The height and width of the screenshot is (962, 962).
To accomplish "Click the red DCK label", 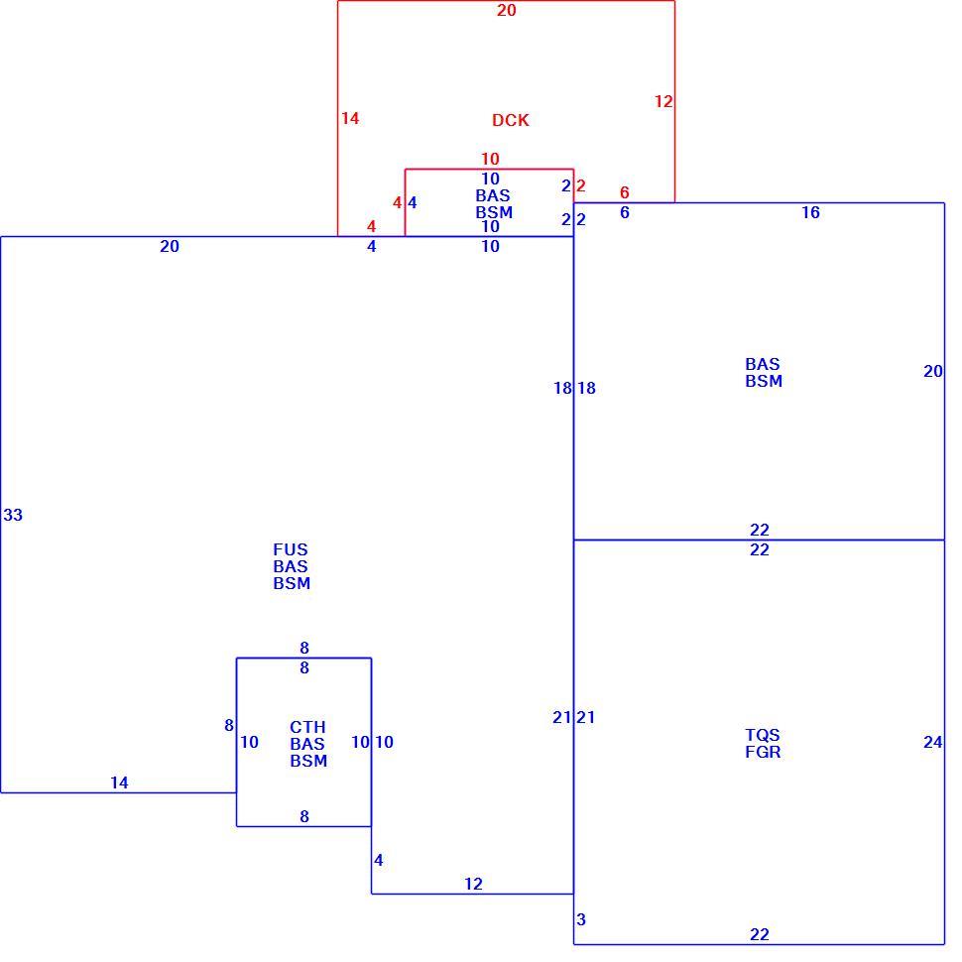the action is pos(511,120).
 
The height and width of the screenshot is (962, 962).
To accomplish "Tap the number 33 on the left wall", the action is pos(13,516).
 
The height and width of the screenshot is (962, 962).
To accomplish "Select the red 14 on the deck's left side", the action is pos(350,118).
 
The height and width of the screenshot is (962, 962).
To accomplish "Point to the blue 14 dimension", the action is pos(120,782).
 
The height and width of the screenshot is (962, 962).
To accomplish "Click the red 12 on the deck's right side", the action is pos(663,101).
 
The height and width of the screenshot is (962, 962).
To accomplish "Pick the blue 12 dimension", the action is pos(474,884).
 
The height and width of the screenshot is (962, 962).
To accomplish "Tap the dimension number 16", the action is pos(811,213).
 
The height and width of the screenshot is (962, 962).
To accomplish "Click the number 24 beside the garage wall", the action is pos(933,743).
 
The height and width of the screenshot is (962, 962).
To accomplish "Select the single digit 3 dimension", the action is pos(581,919).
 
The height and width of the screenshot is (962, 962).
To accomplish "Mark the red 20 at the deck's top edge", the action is pos(507,11).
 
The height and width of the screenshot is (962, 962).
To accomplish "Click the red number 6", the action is pos(625,192).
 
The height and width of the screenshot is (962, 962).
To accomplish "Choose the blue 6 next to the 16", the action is pos(625,213).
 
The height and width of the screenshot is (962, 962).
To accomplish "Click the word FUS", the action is pos(291,549).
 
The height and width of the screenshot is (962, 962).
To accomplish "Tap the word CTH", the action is pos(308,728).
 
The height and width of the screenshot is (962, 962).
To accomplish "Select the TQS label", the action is pos(763,735).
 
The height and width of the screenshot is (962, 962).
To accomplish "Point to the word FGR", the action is pos(764,752).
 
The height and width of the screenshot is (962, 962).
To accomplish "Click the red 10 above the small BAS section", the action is pos(490,160).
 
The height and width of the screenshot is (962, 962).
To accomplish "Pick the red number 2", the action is pos(581,185).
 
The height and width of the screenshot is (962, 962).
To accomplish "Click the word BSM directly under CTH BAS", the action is pos(308,762).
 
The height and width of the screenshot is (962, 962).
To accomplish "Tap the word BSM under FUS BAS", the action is pos(292,583).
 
